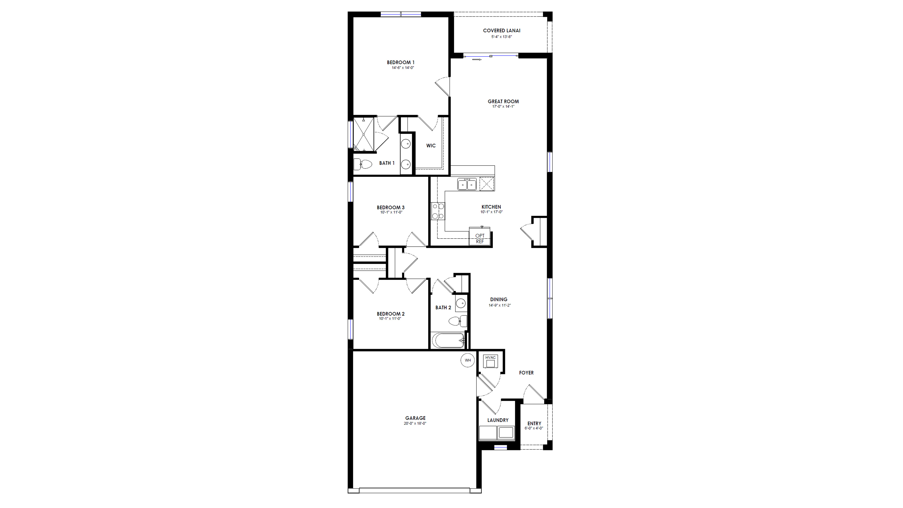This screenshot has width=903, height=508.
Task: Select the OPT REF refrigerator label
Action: (x=480, y=238)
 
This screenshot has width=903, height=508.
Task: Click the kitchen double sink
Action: (x=466, y=184)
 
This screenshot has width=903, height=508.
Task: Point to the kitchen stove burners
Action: (x=438, y=211)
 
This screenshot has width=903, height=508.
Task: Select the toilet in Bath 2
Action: (x=457, y=321)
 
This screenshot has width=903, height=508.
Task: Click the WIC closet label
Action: (x=431, y=145)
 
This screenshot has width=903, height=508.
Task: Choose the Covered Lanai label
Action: (x=502, y=30)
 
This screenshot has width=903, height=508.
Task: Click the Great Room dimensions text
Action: (x=503, y=107)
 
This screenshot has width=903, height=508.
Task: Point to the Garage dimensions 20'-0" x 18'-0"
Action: (x=415, y=423)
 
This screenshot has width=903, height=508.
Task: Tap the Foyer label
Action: (x=526, y=373)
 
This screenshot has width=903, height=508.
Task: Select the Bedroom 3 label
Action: (x=390, y=207)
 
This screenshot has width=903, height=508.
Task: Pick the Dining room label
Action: (x=499, y=299)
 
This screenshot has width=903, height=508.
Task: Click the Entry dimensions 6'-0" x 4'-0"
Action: (x=534, y=428)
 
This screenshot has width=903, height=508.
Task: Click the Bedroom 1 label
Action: (x=401, y=62)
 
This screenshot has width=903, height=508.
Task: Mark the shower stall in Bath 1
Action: (x=364, y=134)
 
